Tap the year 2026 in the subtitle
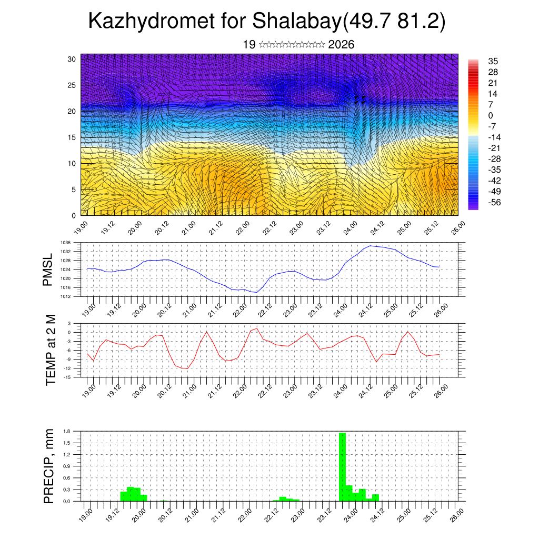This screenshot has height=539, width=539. tap(341, 45)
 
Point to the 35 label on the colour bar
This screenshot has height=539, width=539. tap(493, 61)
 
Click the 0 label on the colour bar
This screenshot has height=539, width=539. tap(491, 115)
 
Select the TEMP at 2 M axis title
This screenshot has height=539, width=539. tap(51, 350)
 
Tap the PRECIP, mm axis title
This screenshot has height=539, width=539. tap(49, 465)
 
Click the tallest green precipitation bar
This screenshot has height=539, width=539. tap(342, 466)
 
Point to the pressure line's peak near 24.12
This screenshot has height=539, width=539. tap(371, 246)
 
